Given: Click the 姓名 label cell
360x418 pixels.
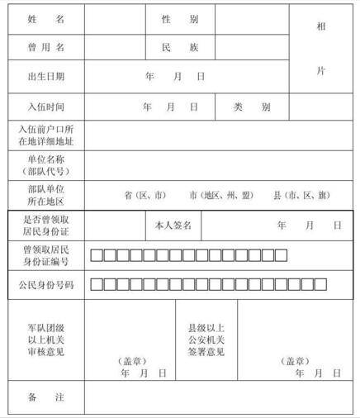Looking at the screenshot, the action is coord(45,18).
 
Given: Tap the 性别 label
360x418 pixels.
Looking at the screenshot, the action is coord(180,18).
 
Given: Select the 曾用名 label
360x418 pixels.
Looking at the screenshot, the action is coord(45,47).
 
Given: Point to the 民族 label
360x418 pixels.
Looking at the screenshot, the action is coord(180,47).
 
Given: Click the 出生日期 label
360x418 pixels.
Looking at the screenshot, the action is coord(45,77).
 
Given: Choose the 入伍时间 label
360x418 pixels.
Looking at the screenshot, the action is coord(45,107).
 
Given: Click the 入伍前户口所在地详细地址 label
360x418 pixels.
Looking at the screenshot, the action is coord(45,135).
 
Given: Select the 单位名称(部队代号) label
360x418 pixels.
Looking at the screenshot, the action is coord(45,164).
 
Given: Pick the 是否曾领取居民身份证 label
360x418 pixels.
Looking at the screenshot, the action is coord(45,225).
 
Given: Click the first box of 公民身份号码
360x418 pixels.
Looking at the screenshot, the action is coord(97,284).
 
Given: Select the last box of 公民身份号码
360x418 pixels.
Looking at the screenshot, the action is coord(320,284).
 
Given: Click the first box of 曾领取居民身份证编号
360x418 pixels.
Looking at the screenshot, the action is coord(97,254).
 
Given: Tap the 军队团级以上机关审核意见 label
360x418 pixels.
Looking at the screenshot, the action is coord(45,340).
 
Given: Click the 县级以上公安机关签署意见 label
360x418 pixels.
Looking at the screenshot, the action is coord(206,340).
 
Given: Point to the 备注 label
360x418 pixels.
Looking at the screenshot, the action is coord(45,398).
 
